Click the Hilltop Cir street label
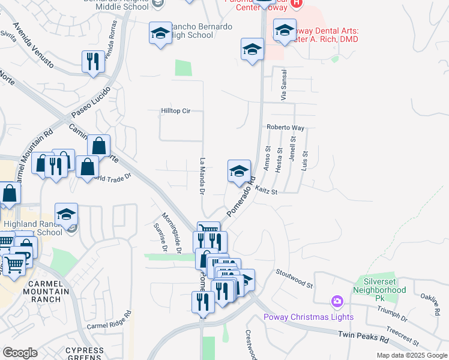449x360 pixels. point(175,111)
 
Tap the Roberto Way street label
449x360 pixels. point(286,128)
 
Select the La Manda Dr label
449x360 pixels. point(202,176)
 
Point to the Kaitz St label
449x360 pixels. point(266,190)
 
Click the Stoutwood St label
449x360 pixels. point(295,278)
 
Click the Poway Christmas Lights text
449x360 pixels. point(309,317)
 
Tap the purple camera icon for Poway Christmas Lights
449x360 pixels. point(337,300)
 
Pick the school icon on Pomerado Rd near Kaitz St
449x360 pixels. point(239,170)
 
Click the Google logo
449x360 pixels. point(20,353)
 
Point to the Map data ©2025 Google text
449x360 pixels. point(411,355)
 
